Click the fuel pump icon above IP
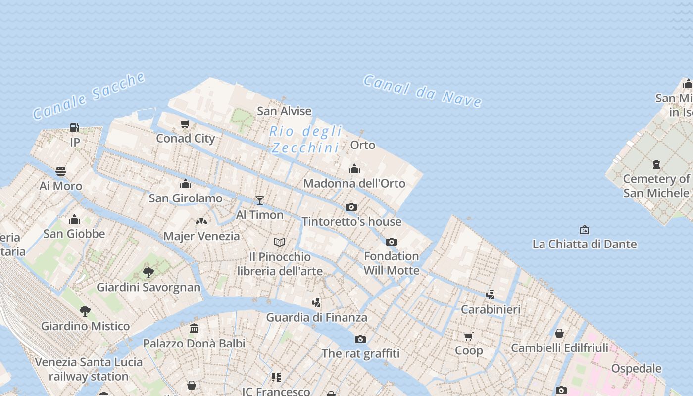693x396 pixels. (x=74, y=128)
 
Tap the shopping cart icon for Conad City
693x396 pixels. (x=185, y=124)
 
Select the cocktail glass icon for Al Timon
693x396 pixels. (x=260, y=200)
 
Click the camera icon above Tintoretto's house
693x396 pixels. (x=351, y=207)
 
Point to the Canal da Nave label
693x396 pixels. (x=423, y=91)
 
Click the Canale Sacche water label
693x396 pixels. (x=89, y=96)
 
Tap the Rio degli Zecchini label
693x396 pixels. (x=305, y=140)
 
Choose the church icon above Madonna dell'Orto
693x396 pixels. (x=354, y=169)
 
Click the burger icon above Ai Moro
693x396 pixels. (x=61, y=171)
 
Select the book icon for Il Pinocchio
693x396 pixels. (x=280, y=242)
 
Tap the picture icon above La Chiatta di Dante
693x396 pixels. (x=585, y=230)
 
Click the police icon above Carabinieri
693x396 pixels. (x=491, y=295)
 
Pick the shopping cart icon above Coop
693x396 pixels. (x=468, y=337)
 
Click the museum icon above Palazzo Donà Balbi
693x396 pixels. (x=194, y=328)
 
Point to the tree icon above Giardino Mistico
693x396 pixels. (x=85, y=311)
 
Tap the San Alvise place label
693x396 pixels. (x=284, y=111)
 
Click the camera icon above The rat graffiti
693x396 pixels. (x=360, y=339)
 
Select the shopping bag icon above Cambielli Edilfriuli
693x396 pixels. (x=559, y=333)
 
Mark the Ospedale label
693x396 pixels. (x=636, y=368)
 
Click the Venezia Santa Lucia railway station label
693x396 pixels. (x=89, y=369)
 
